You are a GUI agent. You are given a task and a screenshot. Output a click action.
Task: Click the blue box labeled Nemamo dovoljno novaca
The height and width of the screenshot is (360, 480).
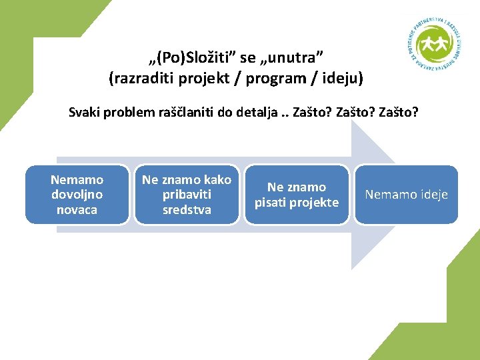(77, 195)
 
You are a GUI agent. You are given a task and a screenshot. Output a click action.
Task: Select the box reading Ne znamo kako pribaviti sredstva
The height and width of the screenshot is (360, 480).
(187, 195)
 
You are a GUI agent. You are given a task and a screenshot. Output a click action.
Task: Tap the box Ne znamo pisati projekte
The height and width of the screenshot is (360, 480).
(297, 195)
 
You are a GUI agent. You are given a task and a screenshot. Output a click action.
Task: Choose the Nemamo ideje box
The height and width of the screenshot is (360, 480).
(406, 195)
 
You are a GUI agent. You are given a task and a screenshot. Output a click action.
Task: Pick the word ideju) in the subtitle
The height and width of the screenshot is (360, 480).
(342, 79)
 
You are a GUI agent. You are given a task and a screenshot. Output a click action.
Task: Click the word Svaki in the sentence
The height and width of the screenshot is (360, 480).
(85, 112)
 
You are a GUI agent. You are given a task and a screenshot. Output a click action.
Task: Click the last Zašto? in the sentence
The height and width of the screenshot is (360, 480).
(399, 112)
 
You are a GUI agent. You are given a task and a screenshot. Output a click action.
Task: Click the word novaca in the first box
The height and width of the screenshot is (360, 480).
(77, 210)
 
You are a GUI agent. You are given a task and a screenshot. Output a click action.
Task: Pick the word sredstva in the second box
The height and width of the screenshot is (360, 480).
(187, 210)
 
